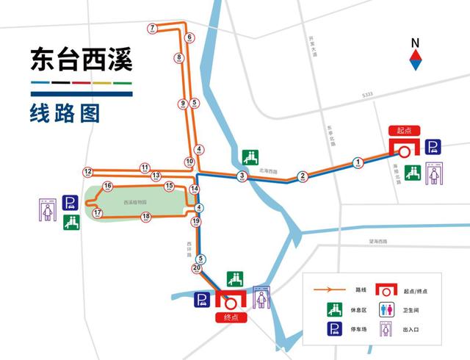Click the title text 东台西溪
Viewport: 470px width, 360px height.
click(81, 60)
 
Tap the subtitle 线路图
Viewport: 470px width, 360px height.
click(65, 114)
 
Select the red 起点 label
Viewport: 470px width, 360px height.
click(403, 130)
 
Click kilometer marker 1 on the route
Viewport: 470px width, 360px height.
click(358, 162)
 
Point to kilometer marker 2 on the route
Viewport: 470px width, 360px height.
click(302, 176)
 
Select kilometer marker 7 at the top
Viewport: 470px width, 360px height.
click(153, 29)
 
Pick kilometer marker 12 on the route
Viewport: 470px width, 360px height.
click(88, 172)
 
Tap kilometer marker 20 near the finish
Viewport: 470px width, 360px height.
click(196, 268)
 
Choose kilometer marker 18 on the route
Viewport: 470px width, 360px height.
click(146, 216)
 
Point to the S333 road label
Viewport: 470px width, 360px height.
click(367, 96)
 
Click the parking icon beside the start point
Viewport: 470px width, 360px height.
click(434, 147)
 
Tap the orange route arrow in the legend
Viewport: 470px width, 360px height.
click(329, 289)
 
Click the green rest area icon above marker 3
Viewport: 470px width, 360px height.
click(250, 157)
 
